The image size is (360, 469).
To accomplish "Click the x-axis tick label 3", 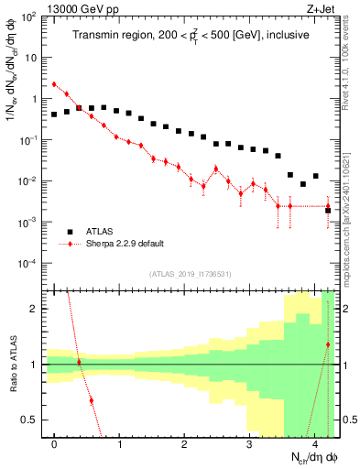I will click(249, 444).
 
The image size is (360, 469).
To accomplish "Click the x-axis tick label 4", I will click(314, 444).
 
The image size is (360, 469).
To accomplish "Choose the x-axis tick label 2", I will click(184, 444).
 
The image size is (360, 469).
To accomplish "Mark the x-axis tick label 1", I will click(119, 444).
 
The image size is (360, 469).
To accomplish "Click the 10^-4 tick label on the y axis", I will click(31, 264).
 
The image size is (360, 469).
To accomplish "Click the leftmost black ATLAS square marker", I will click(54, 115).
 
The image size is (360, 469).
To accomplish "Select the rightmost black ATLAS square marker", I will click(328, 211).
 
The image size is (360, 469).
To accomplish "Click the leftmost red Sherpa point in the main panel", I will click(54, 84).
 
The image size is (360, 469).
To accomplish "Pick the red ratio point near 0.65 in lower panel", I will click(91, 400).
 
